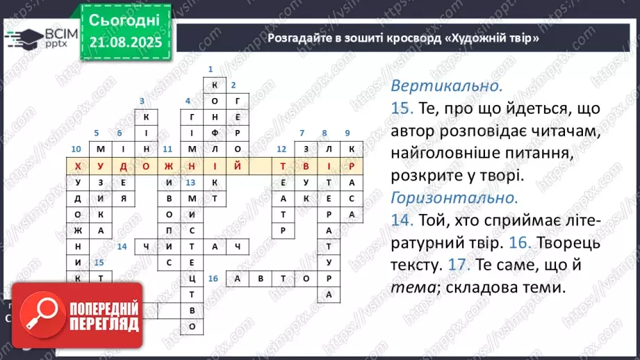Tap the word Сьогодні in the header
point(125,19)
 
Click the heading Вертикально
point(446,87)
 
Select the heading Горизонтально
point(454,197)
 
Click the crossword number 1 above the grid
point(211,69)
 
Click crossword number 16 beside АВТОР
point(213,278)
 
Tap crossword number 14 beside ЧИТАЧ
point(122,246)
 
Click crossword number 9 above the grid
point(347,133)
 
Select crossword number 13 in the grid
point(190,182)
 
